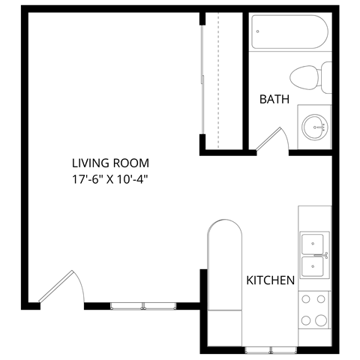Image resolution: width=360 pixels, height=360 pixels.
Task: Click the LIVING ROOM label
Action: (110, 163)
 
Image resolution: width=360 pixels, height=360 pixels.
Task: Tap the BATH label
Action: (274, 99)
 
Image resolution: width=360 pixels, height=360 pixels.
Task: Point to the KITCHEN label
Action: (270, 280)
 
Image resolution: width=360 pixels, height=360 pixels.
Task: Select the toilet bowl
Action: (303, 75)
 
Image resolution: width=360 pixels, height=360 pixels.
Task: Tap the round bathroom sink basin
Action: (314, 127)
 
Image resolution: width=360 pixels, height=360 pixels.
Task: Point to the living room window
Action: (142, 305)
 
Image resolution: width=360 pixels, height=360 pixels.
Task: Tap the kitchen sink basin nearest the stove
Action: (313, 266)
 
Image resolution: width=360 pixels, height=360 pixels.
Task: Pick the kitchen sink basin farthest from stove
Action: (313, 244)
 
